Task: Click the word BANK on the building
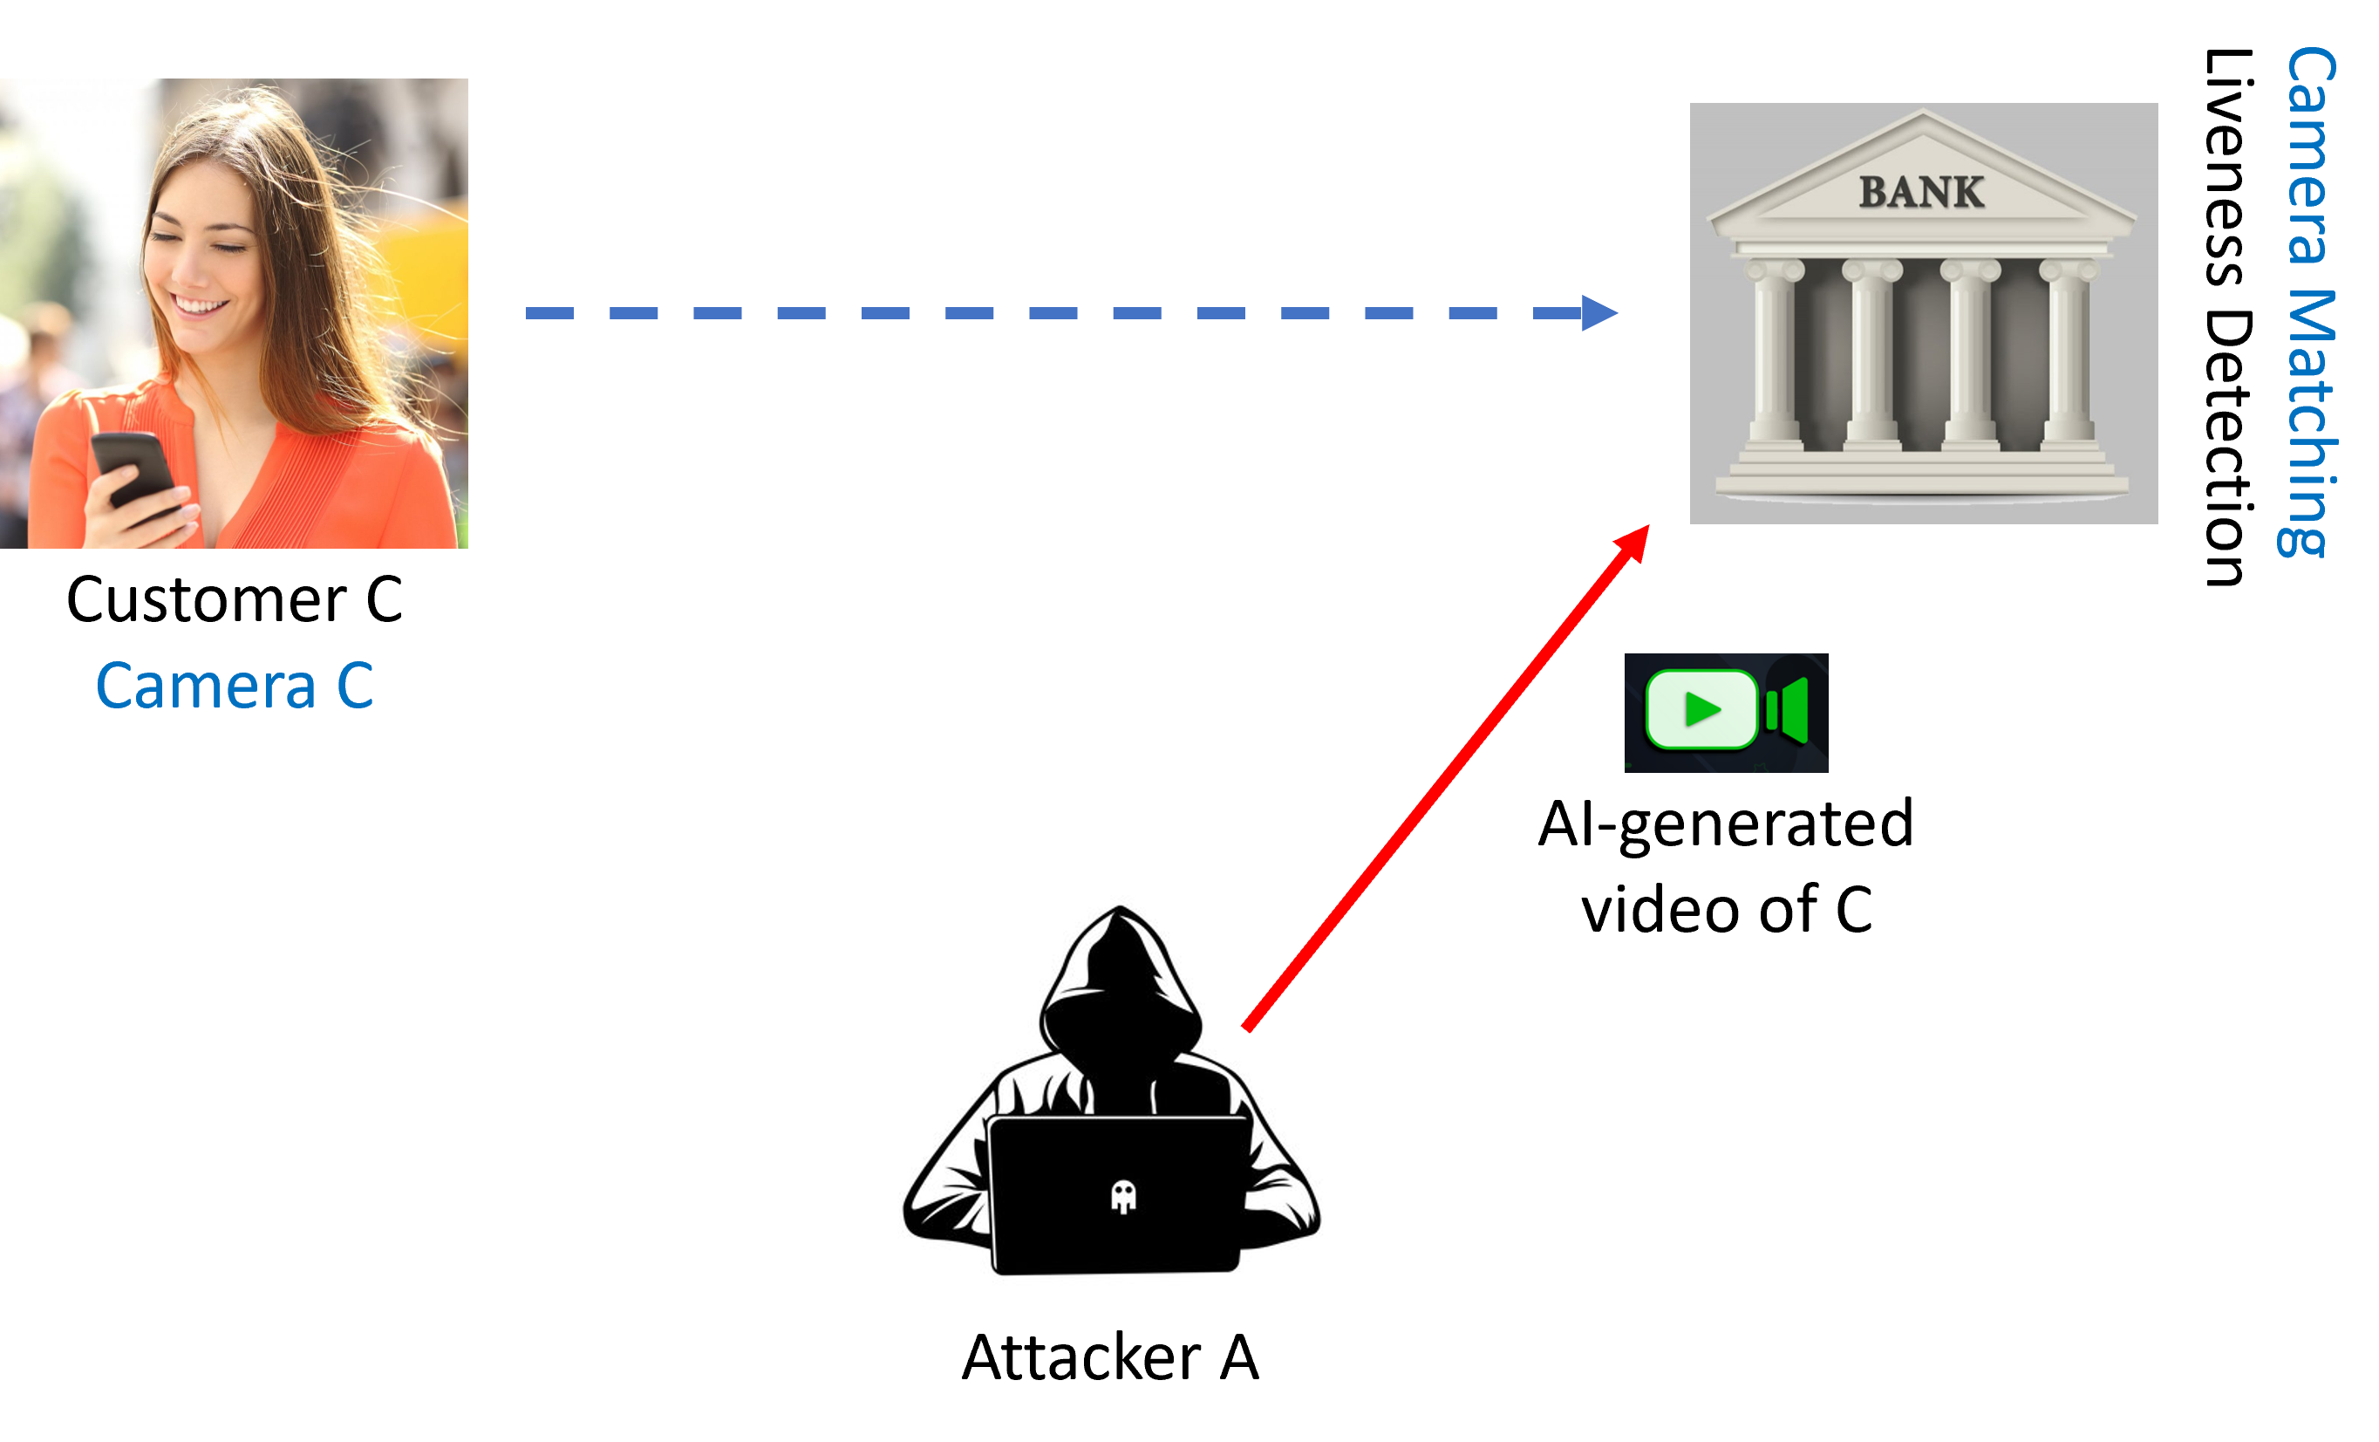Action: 1921,192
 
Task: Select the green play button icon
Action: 1701,710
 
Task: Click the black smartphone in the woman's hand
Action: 134,468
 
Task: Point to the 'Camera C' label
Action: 235,686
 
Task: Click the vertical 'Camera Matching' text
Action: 2309,301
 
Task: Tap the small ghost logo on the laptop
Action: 1123,1197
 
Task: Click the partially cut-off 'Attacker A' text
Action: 1110,1343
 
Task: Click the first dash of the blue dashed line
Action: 549,313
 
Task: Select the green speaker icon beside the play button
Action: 1788,711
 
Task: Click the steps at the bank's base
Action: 1921,474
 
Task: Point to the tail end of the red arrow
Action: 1247,1028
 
